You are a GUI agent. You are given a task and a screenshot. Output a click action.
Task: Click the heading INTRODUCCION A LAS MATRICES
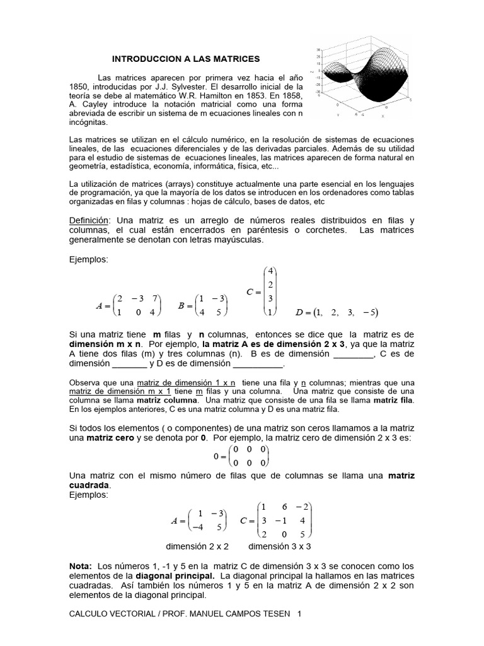[185, 59]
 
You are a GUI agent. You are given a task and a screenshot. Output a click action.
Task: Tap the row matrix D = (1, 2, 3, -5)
[337, 312]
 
